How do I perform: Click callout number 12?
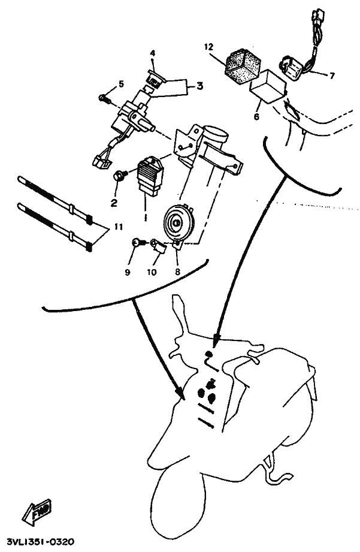(x=208, y=47)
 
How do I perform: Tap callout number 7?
(x=332, y=76)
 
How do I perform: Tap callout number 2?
(x=114, y=203)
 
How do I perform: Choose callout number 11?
(x=119, y=227)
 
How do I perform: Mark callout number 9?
(x=128, y=272)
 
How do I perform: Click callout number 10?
(x=152, y=272)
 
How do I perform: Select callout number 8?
(x=177, y=272)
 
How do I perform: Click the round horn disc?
(x=178, y=223)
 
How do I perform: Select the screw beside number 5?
(x=105, y=98)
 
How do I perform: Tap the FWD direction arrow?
(x=37, y=511)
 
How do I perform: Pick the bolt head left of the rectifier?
(x=120, y=174)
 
